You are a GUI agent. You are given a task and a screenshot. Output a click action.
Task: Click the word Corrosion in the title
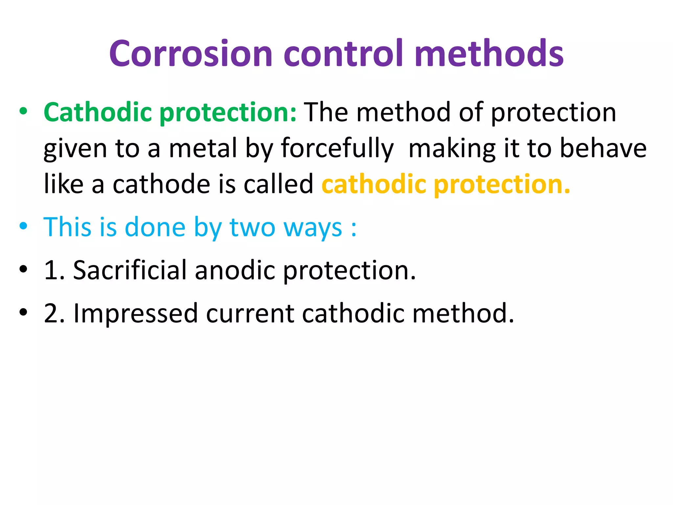click(x=191, y=53)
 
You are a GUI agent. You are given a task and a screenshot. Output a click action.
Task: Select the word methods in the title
click(x=489, y=53)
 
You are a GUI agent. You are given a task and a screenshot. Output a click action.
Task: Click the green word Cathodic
click(x=98, y=112)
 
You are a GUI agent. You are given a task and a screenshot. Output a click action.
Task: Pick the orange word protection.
click(x=502, y=185)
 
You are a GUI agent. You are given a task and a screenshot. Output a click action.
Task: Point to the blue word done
click(x=155, y=227)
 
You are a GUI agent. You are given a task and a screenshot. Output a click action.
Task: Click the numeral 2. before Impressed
click(x=54, y=313)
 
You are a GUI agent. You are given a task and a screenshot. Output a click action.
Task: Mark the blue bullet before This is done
click(x=23, y=226)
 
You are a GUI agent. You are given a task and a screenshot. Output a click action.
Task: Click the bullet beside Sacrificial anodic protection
click(x=23, y=269)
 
